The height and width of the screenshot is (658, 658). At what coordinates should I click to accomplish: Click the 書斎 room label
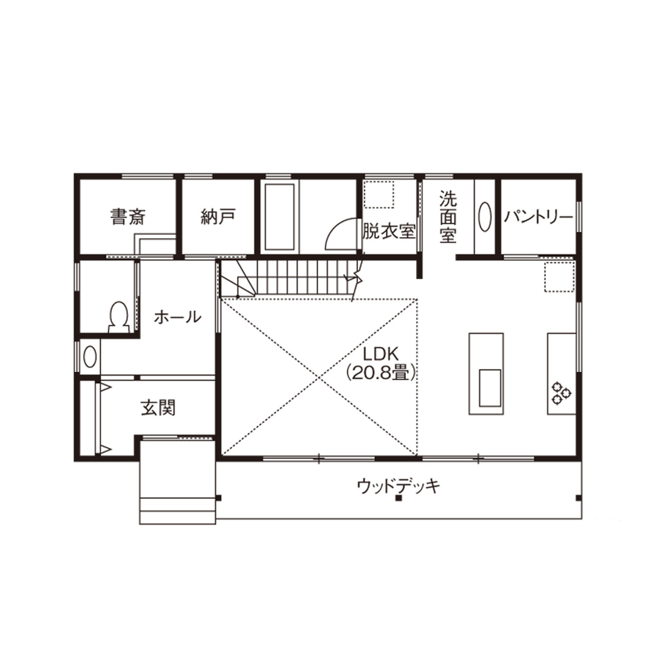pyautogui.click(x=127, y=217)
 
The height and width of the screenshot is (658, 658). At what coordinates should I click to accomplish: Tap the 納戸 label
pyautogui.click(x=217, y=217)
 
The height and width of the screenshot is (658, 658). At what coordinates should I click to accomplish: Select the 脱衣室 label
pyautogui.click(x=389, y=232)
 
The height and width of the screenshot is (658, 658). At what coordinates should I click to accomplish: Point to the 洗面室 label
pyautogui.click(x=447, y=216)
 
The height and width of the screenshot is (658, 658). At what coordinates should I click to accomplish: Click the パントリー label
pyautogui.click(x=538, y=217)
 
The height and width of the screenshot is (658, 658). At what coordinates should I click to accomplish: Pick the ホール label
pyautogui.click(x=177, y=317)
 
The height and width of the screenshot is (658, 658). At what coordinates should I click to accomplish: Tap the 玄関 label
pyautogui.click(x=158, y=407)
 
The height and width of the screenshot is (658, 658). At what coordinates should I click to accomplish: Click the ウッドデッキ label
pyautogui.click(x=398, y=486)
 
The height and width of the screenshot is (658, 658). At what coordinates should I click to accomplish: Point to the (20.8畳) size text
pyautogui.click(x=380, y=374)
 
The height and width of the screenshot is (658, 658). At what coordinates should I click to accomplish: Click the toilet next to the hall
pyautogui.click(x=119, y=316)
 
